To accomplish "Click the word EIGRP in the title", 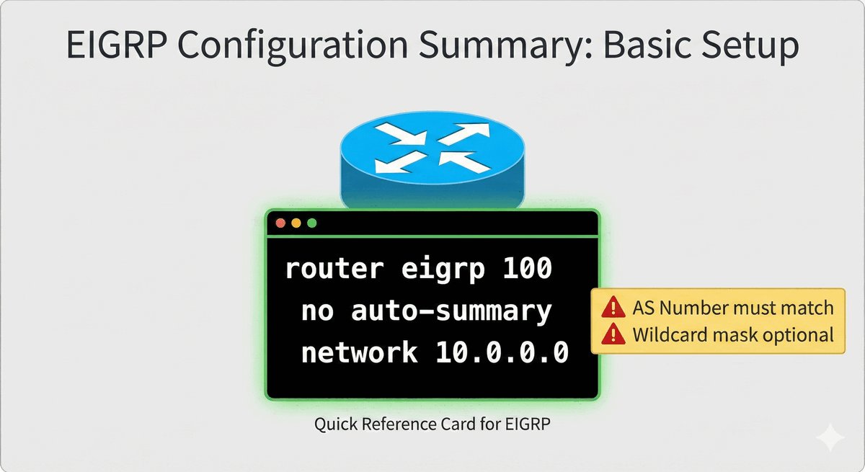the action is pos(117,45).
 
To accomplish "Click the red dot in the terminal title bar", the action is pos(280,223).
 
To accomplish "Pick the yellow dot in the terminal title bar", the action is pos(296,223).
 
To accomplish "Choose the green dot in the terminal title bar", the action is pos(311,223).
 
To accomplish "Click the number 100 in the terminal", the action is pos(528,268).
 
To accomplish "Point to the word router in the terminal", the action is pos(334,268).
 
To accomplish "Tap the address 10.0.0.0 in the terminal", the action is pos(502,352).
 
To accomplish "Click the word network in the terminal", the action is pos(359,352).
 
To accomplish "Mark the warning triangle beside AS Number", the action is pos(613,307).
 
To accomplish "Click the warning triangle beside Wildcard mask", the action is pos(613,334).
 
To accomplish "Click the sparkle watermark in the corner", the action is pos(830,437).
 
